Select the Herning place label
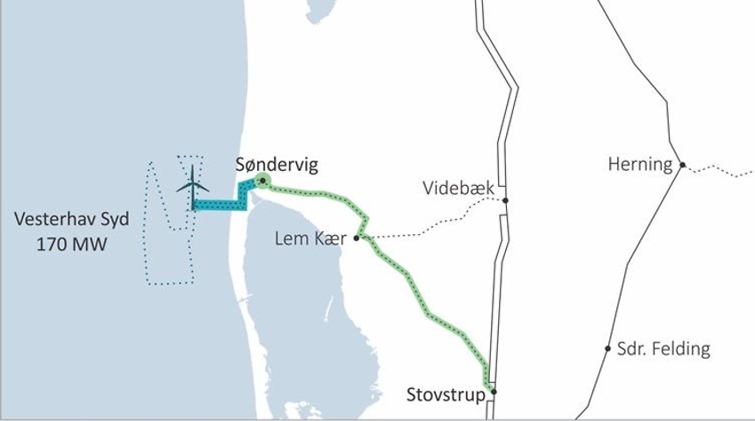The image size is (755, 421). coord(639,164)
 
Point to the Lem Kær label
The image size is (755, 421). coord(310,238)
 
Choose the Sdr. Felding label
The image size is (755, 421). coord(663,348)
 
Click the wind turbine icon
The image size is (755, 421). coord(192,185)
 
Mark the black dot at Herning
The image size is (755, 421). coord(682,165)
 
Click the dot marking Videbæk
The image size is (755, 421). coord(505,200)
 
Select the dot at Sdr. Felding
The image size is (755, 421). coord(608,348)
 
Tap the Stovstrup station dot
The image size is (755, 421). coord(493,392)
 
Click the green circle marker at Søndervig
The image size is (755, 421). coord(263,181)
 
